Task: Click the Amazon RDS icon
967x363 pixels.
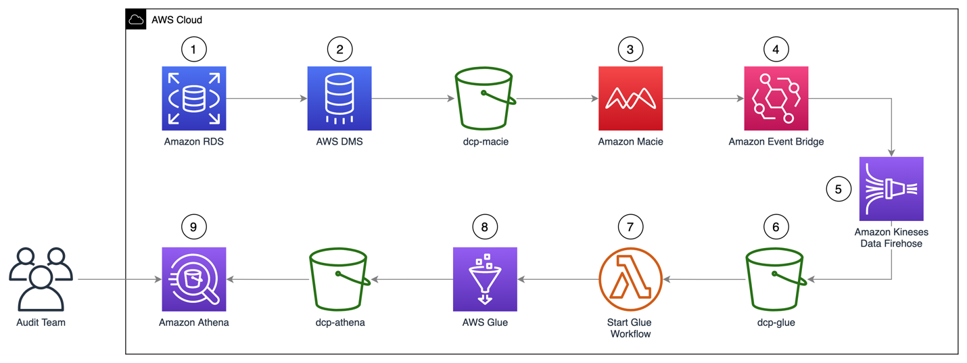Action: [x=194, y=98]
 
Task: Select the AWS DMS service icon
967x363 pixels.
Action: [x=339, y=98]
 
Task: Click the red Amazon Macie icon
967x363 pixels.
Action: [x=630, y=98]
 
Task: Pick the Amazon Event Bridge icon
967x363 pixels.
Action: [x=776, y=98]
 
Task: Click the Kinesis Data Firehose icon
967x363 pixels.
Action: [x=891, y=189]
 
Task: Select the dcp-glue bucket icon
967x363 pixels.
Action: [x=776, y=279]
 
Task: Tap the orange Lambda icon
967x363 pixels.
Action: [x=630, y=279]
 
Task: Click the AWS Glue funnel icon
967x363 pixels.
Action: [x=485, y=279]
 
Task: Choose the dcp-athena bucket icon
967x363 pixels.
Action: [x=339, y=279]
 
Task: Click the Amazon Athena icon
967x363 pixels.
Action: [x=194, y=279]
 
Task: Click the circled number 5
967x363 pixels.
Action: [x=839, y=189]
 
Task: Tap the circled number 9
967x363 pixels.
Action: [x=193, y=227]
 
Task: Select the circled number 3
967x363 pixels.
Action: [x=630, y=49]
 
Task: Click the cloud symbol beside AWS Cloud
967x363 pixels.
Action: [x=136, y=20]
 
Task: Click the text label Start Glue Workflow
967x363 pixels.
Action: [x=630, y=328]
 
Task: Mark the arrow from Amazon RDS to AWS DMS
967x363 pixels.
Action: [x=266, y=99]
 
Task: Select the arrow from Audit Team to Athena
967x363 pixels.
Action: [x=119, y=279]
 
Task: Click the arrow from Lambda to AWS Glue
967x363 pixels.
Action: [x=558, y=279]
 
